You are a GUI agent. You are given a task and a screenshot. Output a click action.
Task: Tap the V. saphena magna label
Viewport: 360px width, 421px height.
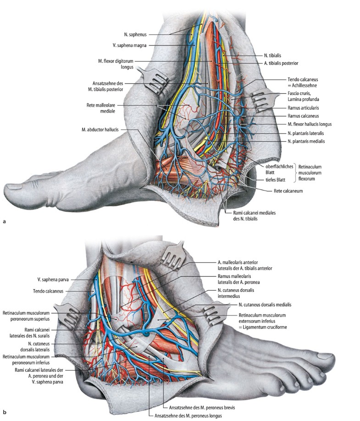(x=133, y=46)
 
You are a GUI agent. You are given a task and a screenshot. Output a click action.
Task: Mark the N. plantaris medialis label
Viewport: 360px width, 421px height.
(x=306, y=141)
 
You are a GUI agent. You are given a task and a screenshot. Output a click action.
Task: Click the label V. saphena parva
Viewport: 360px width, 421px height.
(x=55, y=279)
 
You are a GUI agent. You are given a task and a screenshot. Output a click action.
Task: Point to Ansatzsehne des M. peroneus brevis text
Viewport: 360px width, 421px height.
(x=196, y=407)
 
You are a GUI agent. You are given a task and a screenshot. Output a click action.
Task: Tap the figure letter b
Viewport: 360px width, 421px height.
(x=5, y=412)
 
